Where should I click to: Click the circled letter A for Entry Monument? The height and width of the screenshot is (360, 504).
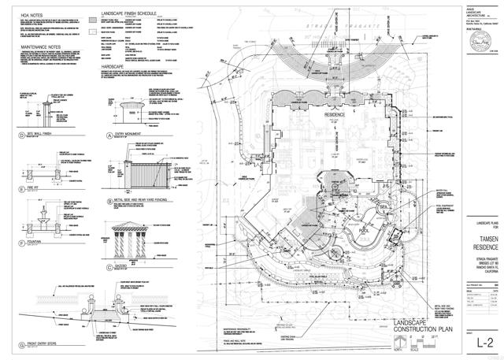[x=112, y=135]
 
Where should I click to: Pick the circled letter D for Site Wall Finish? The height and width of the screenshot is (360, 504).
[x=19, y=135]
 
